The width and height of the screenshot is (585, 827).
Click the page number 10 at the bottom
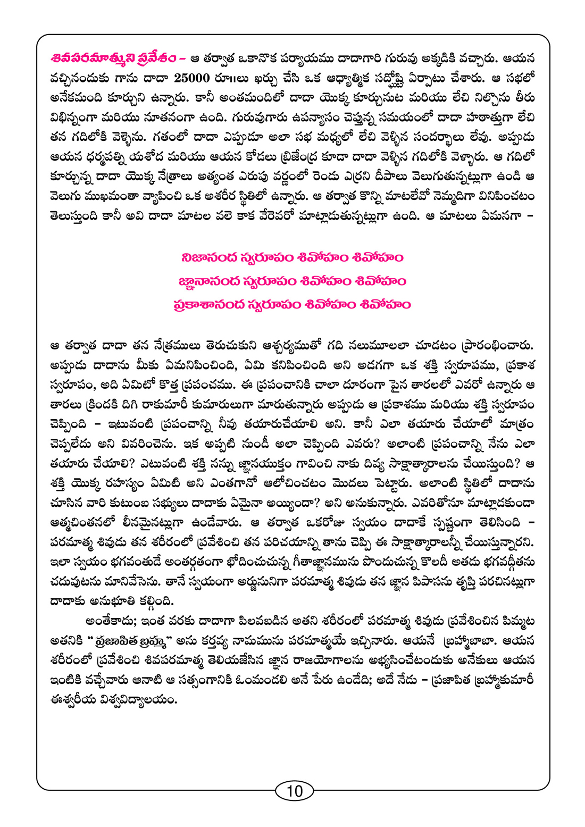coord(294,791)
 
